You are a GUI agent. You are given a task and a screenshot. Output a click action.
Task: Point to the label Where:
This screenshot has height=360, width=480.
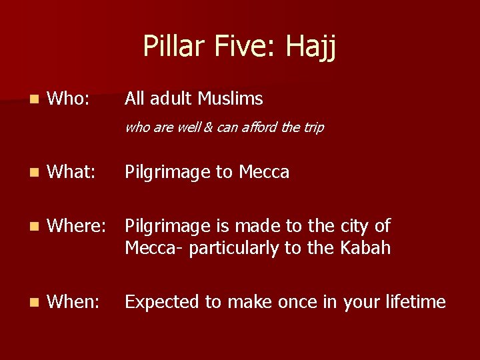77,226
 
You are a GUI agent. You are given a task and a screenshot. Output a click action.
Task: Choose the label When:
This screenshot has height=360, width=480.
74,302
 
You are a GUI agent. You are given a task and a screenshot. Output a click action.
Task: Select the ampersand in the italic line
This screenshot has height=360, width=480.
208,127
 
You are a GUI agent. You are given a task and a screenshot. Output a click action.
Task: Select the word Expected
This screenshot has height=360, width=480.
163,302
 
